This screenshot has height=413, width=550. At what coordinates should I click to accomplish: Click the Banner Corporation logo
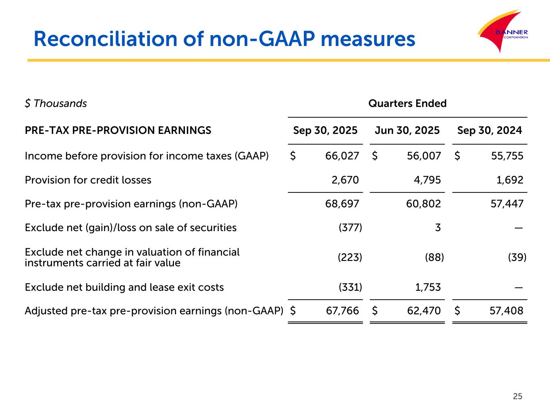[x=502, y=31]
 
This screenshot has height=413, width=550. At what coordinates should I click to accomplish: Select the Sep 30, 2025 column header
[x=325, y=131]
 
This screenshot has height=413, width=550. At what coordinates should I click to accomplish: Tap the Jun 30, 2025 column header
[x=407, y=131]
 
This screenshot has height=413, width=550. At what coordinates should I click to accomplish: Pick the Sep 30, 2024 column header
[x=490, y=131]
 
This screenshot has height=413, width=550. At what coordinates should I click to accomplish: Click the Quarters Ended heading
[x=407, y=104]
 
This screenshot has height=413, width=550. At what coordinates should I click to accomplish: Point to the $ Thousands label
[x=56, y=104]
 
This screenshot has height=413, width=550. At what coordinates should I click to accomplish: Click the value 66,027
[x=342, y=156]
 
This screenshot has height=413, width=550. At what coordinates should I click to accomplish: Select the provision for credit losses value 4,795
[x=427, y=180]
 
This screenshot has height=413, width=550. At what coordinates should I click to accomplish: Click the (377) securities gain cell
[x=350, y=228]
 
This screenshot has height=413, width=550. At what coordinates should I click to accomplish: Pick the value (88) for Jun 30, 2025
[x=434, y=257]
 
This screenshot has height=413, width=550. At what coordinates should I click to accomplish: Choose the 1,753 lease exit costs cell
[x=428, y=287]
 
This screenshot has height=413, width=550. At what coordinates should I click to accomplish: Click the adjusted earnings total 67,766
[x=342, y=311]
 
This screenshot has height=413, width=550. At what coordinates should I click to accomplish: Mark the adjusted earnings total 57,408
[x=507, y=311]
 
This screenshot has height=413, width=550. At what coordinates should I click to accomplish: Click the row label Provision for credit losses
[x=88, y=180]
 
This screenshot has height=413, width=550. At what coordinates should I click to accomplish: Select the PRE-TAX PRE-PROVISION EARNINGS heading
[x=118, y=131]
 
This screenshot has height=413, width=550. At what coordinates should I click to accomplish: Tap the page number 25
[x=517, y=396]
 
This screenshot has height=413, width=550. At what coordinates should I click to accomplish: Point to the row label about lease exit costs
[x=124, y=287]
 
